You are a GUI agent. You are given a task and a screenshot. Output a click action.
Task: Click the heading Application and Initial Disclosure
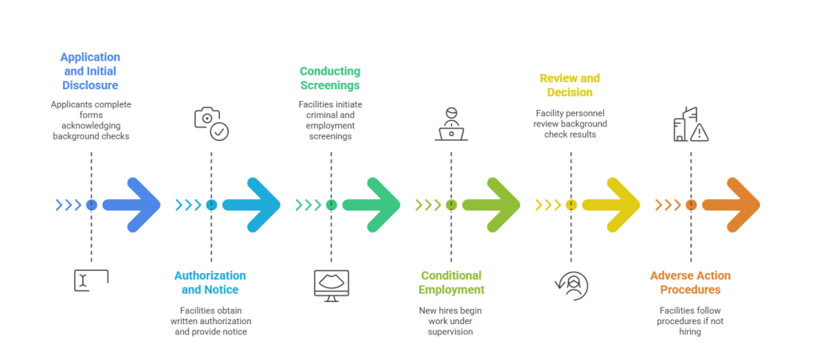tap(91, 71)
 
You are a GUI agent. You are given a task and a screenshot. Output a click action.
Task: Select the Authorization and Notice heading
tap(210, 282)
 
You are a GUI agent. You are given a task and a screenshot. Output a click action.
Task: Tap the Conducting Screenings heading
tap(330, 78)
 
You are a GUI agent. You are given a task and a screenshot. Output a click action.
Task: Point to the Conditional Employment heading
tap(451, 282)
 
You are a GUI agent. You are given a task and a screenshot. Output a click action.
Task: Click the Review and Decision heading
tap(570, 85)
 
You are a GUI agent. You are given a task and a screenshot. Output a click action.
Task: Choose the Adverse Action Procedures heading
tap(690, 282)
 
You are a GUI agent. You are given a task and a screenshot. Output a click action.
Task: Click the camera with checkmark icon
tap(211, 123)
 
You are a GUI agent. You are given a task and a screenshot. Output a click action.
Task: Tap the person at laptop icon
tap(451, 124)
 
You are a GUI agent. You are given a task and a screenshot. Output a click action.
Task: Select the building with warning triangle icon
tap(690, 124)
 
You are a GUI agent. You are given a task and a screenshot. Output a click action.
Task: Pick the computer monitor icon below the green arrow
tap(331, 284)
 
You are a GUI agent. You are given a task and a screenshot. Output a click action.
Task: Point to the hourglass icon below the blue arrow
tap(91, 280)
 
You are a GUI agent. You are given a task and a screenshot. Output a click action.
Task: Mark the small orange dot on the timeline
tap(691, 205)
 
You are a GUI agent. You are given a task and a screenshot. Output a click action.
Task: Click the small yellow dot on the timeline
tap(571, 205)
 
